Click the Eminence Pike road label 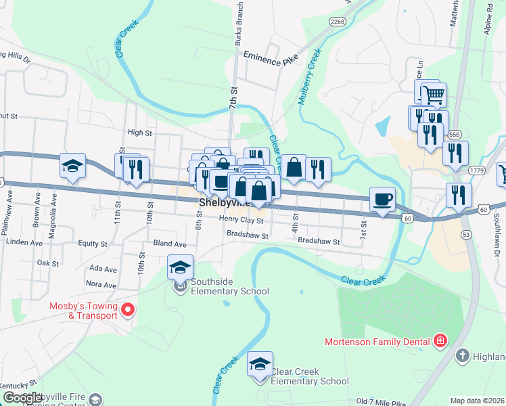(x=271, y=60)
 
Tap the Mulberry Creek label (x=309, y=76)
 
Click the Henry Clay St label (x=240, y=219)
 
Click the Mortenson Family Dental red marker (x=440, y=340)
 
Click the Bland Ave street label (x=170, y=244)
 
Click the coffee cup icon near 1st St (x=382, y=199)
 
